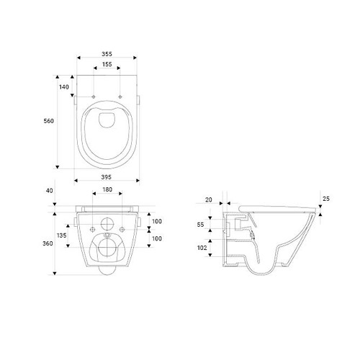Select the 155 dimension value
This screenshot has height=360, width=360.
click(x=107, y=64)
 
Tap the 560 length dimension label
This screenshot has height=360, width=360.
click(x=48, y=121)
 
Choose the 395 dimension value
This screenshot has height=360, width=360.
click(x=107, y=176)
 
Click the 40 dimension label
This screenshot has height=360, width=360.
click(x=49, y=191)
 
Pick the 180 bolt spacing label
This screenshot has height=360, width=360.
click(x=107, y=189)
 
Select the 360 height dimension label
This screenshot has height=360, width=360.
click(x=49, y=244)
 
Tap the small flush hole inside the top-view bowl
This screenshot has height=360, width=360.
click(x=107, y=120)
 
